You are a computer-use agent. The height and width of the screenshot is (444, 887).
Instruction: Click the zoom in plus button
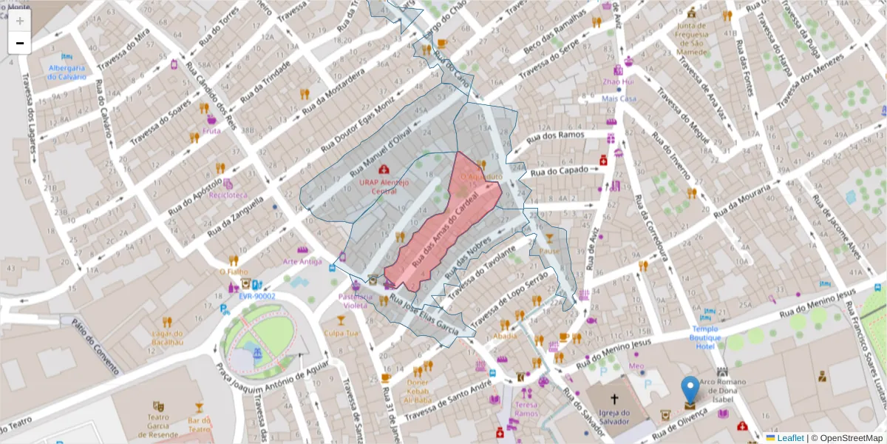click(20, 21)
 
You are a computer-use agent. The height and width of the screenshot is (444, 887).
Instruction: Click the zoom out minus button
click(20, 43)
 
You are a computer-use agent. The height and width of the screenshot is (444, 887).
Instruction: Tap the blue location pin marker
click(690, 390)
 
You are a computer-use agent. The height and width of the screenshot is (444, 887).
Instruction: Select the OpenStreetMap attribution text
click(846, 437)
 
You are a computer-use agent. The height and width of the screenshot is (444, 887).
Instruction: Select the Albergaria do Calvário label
click(67, 72)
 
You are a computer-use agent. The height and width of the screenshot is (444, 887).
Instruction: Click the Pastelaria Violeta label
click(353, 300)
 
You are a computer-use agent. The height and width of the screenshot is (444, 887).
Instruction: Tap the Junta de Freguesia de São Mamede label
click(693, 38)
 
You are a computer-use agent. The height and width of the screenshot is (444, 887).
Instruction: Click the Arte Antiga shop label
click(302, 261)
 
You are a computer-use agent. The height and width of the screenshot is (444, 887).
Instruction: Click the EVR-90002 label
click(256, 296)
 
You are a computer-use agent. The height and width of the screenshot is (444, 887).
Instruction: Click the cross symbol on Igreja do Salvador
click(614, 398)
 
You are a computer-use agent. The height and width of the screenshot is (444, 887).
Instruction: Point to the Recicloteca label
click(227, 196)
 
